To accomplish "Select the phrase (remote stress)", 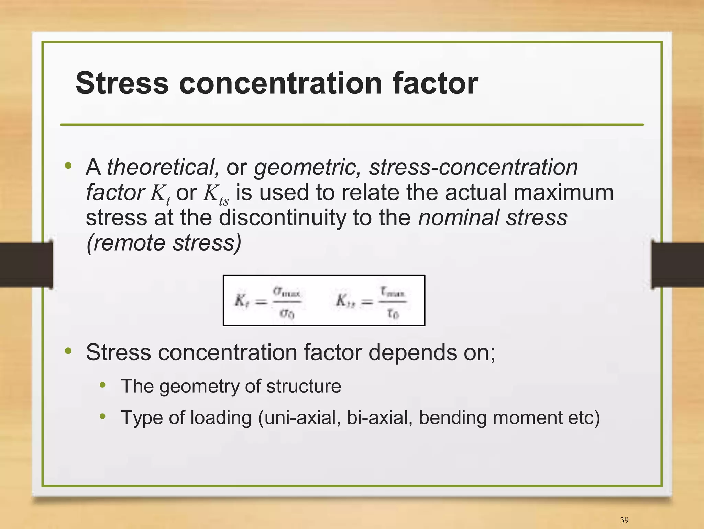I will coord(164,243).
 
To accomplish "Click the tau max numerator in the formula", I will coord(393,292).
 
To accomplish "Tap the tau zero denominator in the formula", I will coord(393,313).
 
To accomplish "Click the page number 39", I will coord(624,520).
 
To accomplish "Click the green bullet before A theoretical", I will coord(68,166).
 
